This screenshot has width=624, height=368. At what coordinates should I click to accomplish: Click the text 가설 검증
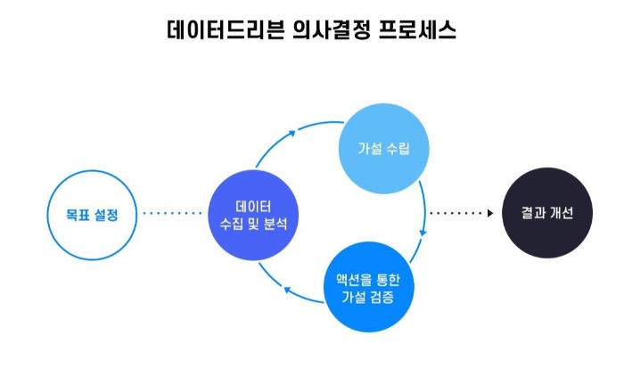click(369, 295)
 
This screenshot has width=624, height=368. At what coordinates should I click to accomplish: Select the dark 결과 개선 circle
click(547, 214)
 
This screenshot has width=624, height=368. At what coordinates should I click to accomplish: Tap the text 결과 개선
click(547, 214)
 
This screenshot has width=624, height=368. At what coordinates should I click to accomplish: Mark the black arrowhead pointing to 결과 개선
click(489, 214)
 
